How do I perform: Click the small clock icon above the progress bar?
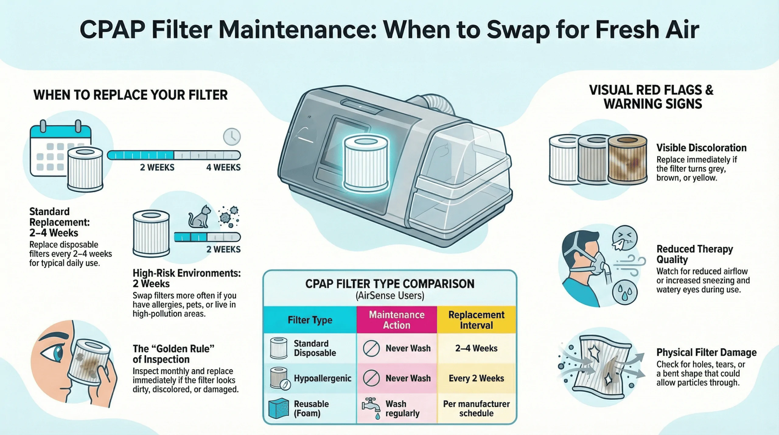[x=232, y=137]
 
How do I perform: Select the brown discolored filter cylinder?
[x=627, y=159]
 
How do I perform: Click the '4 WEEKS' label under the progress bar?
[x=223, y=167]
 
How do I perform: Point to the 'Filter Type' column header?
[x=310, y=320]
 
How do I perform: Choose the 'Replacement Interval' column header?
[x=476, y=320]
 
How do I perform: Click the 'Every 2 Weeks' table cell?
[x=476, y=378]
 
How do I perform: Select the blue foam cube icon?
[x=278, y=408]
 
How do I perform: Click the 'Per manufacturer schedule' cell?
[x=476, y=409]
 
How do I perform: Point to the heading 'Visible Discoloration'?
[x=701, y=148]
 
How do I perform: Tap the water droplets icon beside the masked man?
[x=624, y=293]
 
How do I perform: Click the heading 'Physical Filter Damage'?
[x=706, y=352]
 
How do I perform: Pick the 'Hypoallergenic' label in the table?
[x=322, y=378]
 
